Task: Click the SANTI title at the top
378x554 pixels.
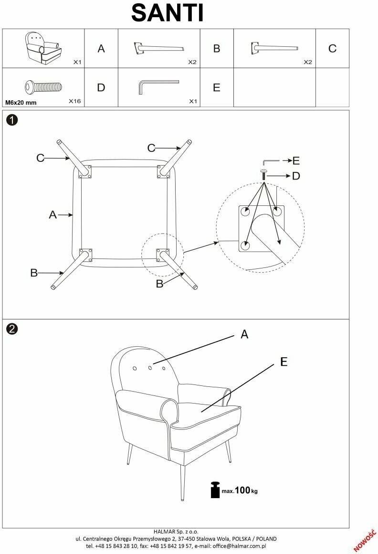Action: pyautogui.click(x=168, y=13)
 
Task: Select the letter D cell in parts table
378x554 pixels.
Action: pyautogui.click(x=101, y=87)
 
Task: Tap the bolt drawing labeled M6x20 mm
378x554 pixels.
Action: pyautogui.click(x=43, y=87)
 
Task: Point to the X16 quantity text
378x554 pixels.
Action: pyautogui.click(x=75, y=101)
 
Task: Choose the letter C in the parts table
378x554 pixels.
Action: pyautogui.click(x=333, y=48)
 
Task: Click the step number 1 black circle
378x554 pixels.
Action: pyautogui.click(x=12, y=120)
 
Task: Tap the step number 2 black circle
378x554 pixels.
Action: pyautogui.click(x=12, y=329)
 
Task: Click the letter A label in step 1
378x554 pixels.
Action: pyautogui.click(x=52, y=215)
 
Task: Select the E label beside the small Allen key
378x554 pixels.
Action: pyautogui.click(x=296, y=160)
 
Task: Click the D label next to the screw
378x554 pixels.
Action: pyautogui.click(x=296, y=176)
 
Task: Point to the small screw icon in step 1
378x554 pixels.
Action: pyautogui.click(x=263, y=173)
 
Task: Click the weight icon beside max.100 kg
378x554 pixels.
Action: pyautogui.click(x=214, y=490)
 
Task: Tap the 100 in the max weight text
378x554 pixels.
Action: pyautogui.click(x=242, y=490)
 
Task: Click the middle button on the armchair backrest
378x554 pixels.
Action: pyautogui.click(x=150, y=367)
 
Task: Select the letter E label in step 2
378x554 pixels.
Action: pyautogui.click(x=284, y=362)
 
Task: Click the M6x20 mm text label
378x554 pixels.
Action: pyautogui.click(x=21, y=102)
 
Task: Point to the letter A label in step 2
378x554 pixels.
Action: pyautogui.click(x=244, y=335)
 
